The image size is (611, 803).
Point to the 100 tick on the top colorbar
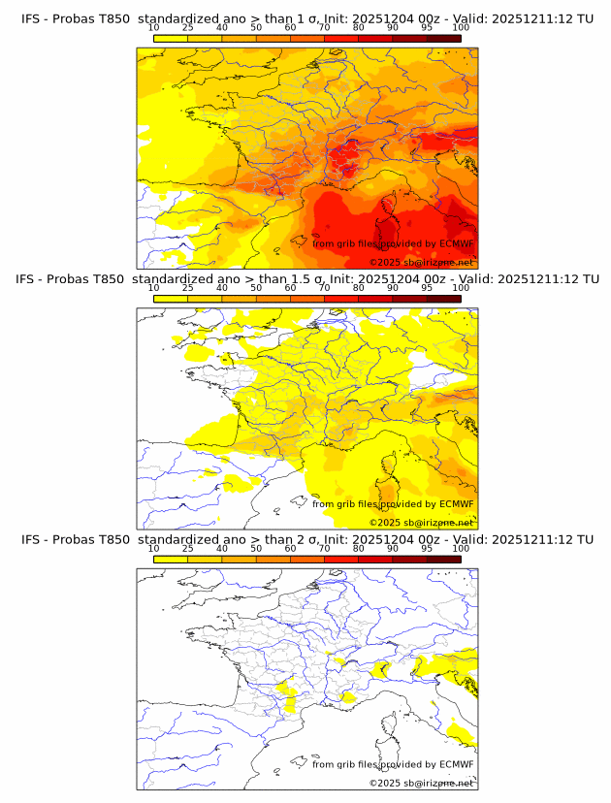(x=461, y=27)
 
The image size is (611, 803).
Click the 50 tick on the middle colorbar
(x=256, y=288)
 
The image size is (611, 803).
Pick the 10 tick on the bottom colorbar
(x=153, y=548)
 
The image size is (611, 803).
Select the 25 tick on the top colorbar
(x=187, y=27)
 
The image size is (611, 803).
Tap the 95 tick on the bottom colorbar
(x=427, y=548)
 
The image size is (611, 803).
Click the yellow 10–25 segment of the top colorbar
(x=171, y=38)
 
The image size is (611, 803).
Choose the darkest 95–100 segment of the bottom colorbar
(x=444, y=559)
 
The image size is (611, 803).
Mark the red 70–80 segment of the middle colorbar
(x=341, y=299)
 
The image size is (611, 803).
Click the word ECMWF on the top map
(x=456, y=243)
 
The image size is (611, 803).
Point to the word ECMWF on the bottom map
(x=456, y=764)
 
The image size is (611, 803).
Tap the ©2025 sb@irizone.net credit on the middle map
(x=421, y=522)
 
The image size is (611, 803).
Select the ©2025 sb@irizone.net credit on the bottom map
(x=421, y=783)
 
